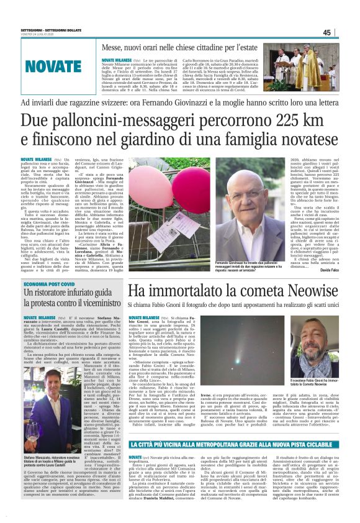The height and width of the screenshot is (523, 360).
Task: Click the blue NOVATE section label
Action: tap(53, 66)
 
